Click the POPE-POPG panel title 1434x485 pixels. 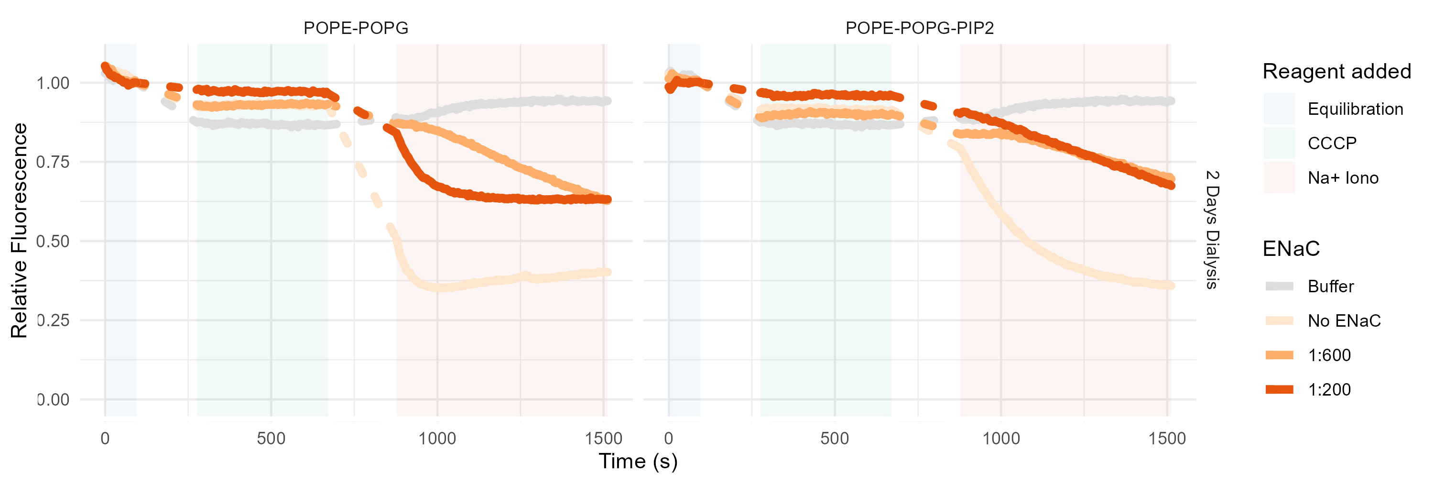point(356,28)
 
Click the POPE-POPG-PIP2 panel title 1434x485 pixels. point(919,28)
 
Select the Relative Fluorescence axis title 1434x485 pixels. point(19,230)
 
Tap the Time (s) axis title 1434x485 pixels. point(638,461)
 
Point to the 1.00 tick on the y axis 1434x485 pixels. point(53,83)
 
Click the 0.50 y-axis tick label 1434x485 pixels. point(53,241)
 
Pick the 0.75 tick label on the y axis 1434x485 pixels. point(53,162)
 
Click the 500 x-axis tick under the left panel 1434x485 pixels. point(271,438)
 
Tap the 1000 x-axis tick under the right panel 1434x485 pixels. point(1001,438)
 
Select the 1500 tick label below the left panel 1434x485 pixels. point(603,438)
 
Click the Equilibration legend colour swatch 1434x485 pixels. point(1279,109)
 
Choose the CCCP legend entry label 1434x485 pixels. point(1332,143)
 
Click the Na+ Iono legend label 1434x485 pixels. point(1343,177)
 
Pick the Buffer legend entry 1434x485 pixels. point(1330,286)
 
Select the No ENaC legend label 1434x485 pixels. point(1344,321)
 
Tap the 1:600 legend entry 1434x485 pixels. point(1329,355)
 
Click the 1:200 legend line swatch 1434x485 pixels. point(1279,389)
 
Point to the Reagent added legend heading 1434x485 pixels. point(1336,71)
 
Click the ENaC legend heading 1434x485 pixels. point(1291,248)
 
